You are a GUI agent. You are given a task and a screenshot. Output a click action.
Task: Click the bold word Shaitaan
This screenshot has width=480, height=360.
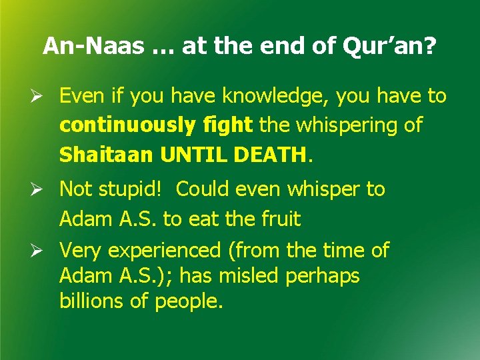pos(107,155)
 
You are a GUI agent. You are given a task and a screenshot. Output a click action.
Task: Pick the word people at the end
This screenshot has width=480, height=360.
pos(189,301)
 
